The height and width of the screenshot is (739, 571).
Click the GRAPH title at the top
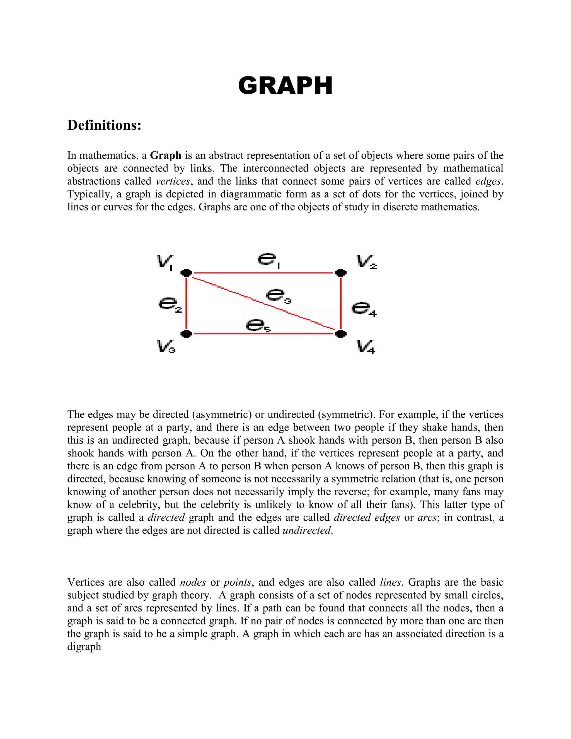point(285,86)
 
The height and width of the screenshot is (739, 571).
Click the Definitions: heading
point(104,125)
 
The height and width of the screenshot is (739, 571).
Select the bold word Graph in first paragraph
point(165,155)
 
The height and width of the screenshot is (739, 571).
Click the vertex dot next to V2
point(341,272)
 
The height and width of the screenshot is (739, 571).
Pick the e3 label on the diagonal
point(278,295)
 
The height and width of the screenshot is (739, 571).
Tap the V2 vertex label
point(366,262)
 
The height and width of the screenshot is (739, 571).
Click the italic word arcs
point(427,518)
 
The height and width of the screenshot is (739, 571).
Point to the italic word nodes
point(193,582)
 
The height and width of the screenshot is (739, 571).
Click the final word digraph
point(84,647)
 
